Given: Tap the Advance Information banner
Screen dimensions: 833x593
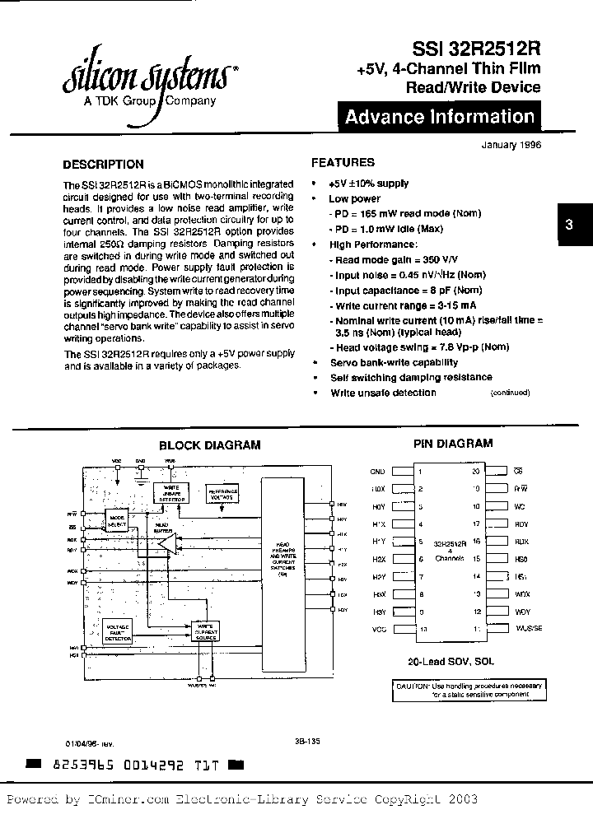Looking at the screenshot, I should tap(440, 117).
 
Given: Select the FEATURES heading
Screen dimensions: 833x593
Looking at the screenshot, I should tap(343, 163).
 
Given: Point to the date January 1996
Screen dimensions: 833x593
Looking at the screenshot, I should tap(510, 144).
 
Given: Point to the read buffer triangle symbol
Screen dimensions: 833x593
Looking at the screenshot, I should tap(168, 544).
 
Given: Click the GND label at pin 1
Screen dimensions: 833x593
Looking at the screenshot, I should tap(377, 472).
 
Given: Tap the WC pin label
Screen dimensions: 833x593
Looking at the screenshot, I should tap(519, 506).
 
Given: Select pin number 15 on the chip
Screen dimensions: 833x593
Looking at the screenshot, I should tap(476, 558).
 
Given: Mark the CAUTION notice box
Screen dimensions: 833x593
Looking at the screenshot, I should tap(467, 689).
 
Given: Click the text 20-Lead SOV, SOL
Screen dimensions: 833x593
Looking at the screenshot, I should tap(451, 661).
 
